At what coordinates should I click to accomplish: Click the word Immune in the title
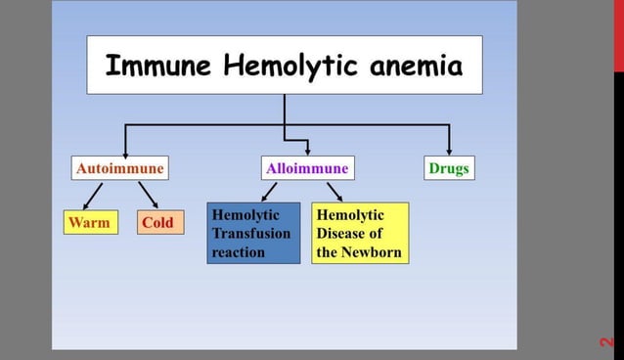[x=158, y=66]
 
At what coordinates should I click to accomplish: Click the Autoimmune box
[x=119, y=168]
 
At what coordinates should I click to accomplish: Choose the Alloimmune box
[x=307, y=168]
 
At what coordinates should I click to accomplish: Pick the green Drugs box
[x=449, y=168]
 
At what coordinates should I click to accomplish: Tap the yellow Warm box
[x=89, y=222]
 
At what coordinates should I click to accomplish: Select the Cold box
[x=156, y=222]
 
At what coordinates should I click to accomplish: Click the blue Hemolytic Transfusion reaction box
[x=253, y=233]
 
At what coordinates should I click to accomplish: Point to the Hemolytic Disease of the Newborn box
[x=359, y=233]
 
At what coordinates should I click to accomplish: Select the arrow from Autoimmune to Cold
[x=148, y=194]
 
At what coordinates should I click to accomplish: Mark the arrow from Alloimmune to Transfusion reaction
[x=270, y=192]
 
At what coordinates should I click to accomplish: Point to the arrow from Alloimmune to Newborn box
[x=334, y=192]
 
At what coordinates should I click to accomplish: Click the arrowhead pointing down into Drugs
[x=449, y=150]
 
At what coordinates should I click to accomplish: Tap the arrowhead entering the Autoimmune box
[x=124, y=150]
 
